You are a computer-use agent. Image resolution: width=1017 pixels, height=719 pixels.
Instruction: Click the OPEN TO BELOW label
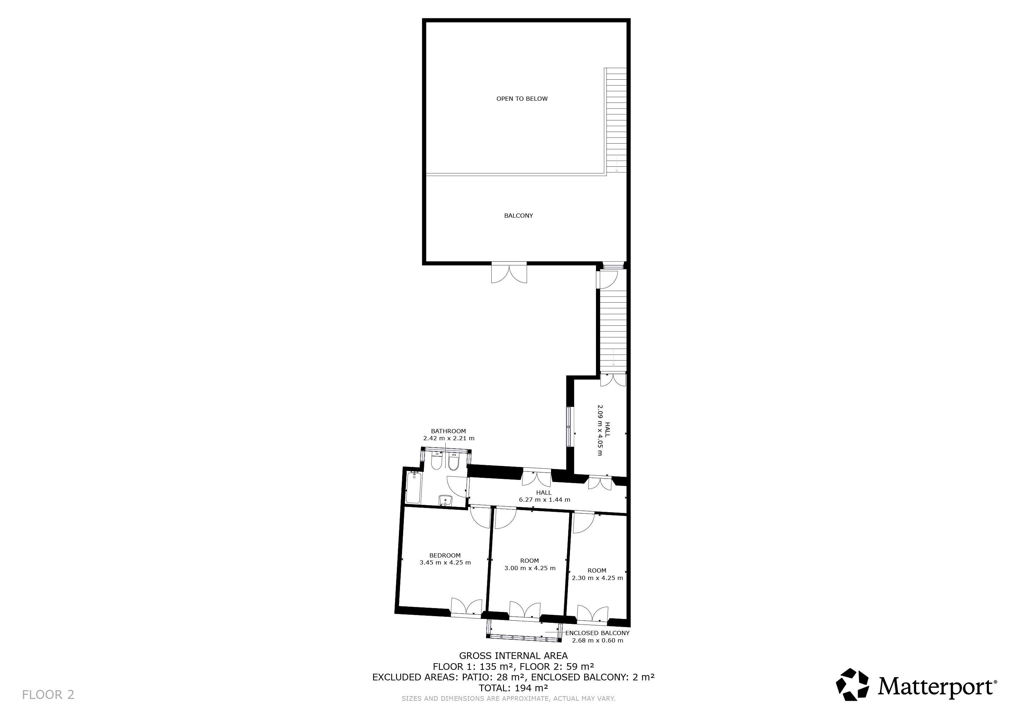click(x=522, y=99)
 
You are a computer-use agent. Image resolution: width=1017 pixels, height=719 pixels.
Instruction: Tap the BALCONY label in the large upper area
click(x=518, y=216)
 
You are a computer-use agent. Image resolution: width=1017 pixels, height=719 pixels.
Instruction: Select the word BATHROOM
click(x=448, y=431)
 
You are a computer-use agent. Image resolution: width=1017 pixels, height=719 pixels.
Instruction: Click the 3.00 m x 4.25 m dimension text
click(x=530, y=568)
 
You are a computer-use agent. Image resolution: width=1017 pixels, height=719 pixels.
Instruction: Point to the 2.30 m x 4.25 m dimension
click(x=597, y=578)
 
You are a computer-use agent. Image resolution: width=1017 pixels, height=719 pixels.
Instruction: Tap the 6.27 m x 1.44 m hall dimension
click(x=544, y=500)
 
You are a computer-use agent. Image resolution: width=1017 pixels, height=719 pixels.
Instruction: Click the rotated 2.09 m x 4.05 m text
click(x=600, y=430)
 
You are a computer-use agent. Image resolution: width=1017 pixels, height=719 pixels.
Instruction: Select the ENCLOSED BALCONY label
click(x=597, y=633)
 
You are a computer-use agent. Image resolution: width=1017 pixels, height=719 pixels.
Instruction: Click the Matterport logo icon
click(x=852, y=685)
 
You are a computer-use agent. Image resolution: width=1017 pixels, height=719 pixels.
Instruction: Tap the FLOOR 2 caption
click(x=48, y=695)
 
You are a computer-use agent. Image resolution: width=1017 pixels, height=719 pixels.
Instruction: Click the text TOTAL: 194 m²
click(x=513, y=688)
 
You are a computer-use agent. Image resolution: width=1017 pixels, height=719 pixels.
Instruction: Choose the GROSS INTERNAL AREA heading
click(x=513, y=656)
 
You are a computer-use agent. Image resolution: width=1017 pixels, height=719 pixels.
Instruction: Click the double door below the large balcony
click(x=509, y=273)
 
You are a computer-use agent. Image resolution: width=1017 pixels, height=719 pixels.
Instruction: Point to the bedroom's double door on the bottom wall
click(x=466, y=607)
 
